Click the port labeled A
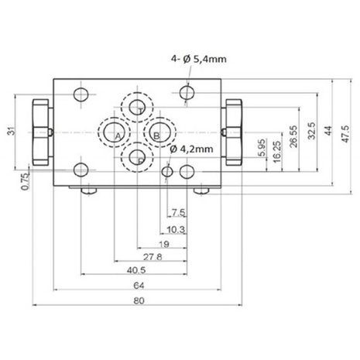pyautogui.click(x=114, y=132)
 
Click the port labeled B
pyautogui.click(x=160, y=132)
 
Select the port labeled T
pyautogui.click(x=137, y=108)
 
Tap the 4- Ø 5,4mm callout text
pyautogui.click(x=199, y=59)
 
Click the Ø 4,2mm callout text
pyautogui.click(x=192, y=149)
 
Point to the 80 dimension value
pyautogui.click(x=139, y=300)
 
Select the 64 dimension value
pyautogui.click(x=139, y=286)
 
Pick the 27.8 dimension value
pyautogui.click(x=153, y=257)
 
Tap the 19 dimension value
pyautogui.click(x=164, y=244)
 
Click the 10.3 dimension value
pyautogui.click(x=176, y=229)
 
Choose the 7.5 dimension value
pyautogui.click(x=179, y=213)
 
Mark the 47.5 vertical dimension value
pyautogui.click(x=345, y=134)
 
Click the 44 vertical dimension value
pyautogui.click(x=327, y=131)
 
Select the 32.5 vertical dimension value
pyautogui.click(x=311, y=131)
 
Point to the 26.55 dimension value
pyautogui.click(x=293, y=136)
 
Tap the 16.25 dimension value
pyautogui.click(x=276, y=152)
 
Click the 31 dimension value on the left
pyautogui.click(x=12, y=131)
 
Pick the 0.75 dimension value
pyautogui.click(x=25, y=182)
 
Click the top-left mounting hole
pyautogui.click(x=81, y=94)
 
